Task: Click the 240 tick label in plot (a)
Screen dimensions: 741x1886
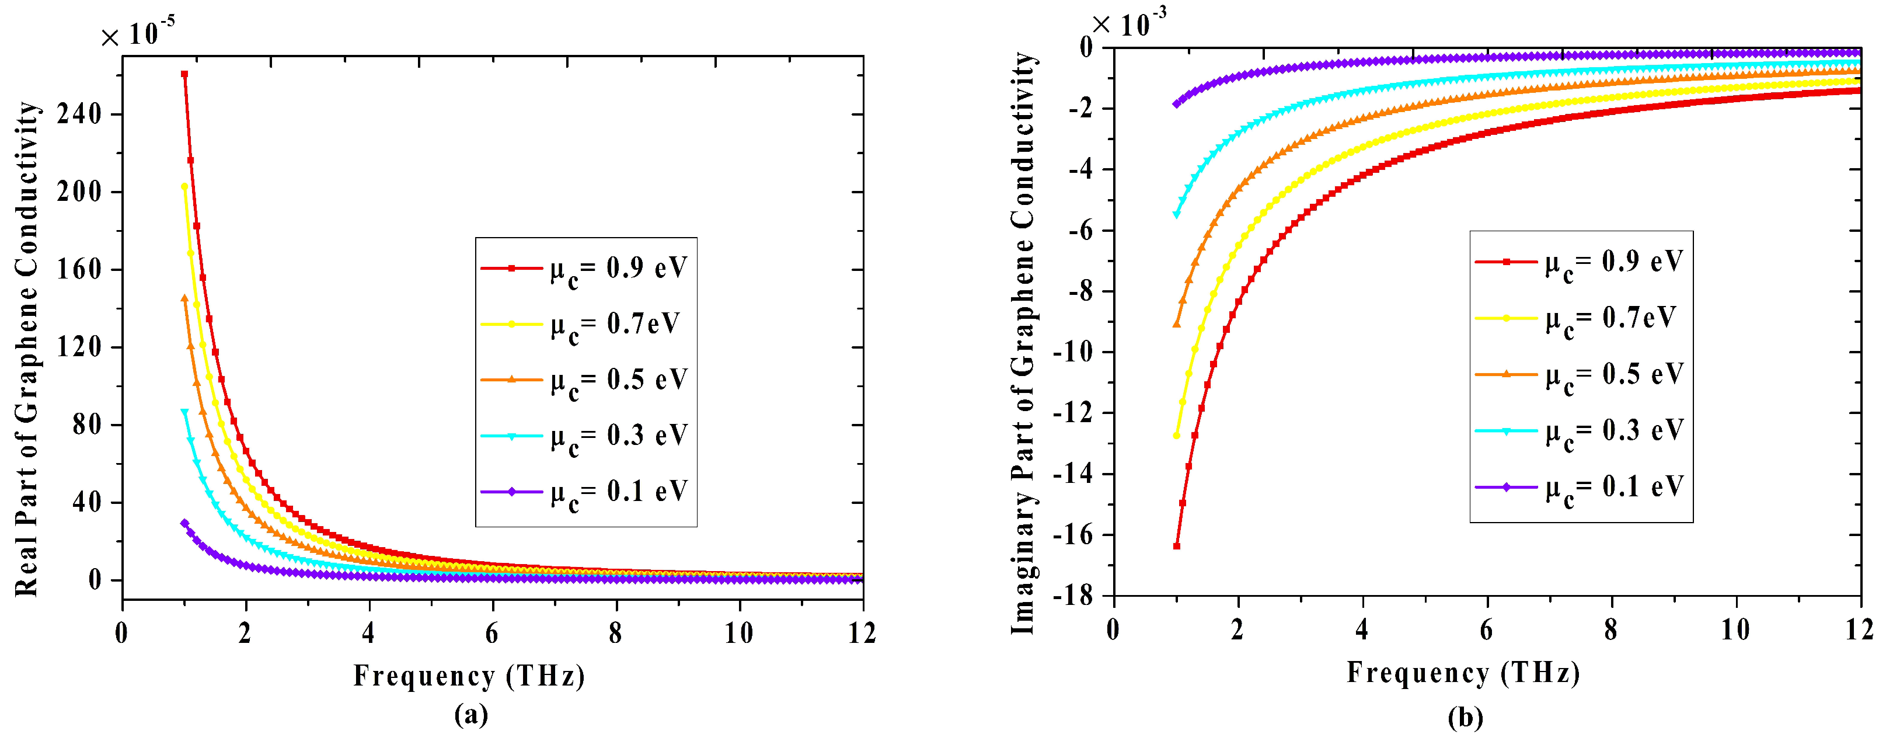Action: (x=78, y=114)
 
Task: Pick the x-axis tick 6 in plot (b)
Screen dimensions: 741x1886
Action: (x=1486, y=629)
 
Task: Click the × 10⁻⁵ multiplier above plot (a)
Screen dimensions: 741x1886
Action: (x=138, y=33)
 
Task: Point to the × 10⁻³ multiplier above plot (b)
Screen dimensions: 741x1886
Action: (x=1128, y=24)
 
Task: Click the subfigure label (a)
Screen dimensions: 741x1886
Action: (x=470, y=715)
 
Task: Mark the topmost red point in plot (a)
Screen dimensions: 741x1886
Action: (x=184, y=74)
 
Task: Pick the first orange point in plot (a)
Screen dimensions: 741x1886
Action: (x=184, y=298)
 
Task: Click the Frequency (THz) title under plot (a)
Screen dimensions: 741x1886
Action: (x=469, y=675)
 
